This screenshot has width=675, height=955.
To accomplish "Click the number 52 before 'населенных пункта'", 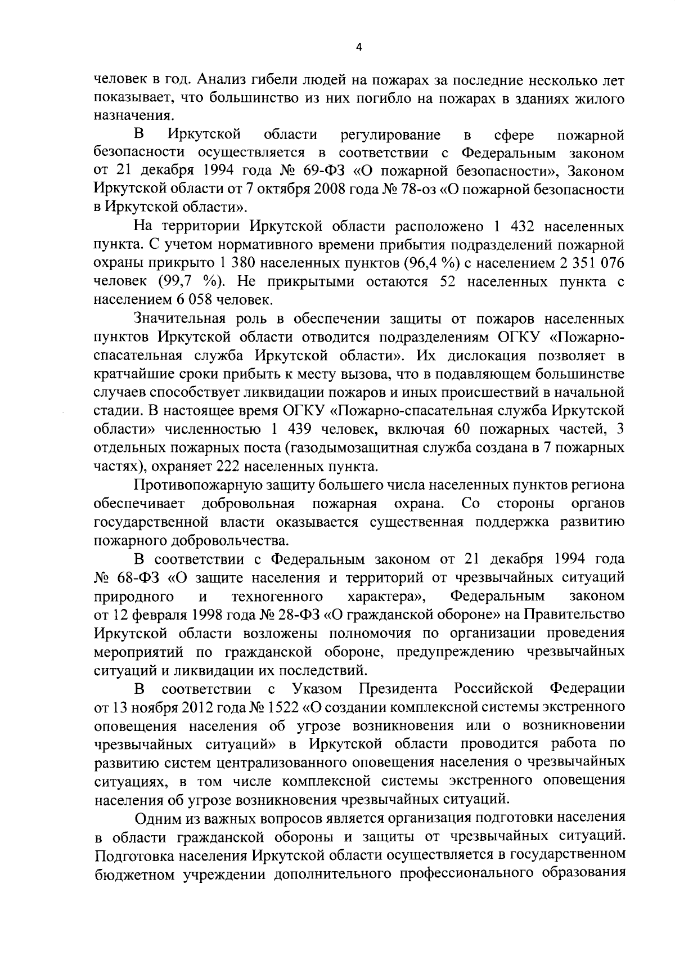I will point(448,282).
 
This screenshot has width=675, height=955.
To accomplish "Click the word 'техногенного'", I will point(277,596).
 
